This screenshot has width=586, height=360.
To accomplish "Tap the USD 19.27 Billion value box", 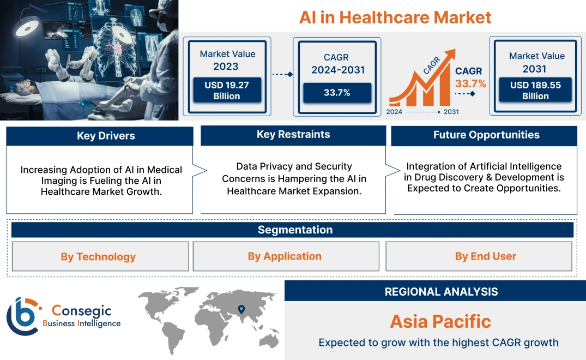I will (226, 90).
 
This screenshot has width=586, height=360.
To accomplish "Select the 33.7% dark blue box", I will (337, 93).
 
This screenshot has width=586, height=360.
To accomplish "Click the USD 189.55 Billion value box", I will (535, 90).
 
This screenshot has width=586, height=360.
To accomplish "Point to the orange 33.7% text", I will (470, 83).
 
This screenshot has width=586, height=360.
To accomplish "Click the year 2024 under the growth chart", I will (395, 112).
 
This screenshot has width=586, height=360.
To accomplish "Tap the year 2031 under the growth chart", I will (451, 112).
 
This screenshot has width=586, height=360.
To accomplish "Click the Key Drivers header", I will (100, 136).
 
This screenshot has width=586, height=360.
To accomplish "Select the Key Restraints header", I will (293, 135).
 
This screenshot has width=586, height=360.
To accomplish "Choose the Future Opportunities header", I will (484, 135).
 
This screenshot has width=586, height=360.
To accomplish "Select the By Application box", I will (286, 256).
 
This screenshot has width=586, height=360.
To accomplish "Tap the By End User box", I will (479, 256).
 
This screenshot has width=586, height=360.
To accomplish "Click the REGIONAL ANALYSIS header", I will (435, 291).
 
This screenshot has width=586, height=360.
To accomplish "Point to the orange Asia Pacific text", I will (440, 321).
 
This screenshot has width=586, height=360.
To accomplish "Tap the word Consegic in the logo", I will (82, 311).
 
